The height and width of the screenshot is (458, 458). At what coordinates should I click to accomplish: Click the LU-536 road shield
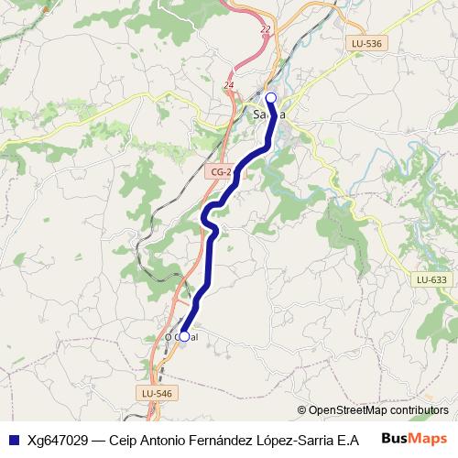[366, 43]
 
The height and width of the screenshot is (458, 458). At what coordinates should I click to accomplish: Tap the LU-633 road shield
[431, 279]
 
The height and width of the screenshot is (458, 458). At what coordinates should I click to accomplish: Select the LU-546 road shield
[156, 392]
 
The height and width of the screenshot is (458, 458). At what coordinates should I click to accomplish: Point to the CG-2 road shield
[221, 171]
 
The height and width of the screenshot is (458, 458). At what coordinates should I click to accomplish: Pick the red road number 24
[228, 85]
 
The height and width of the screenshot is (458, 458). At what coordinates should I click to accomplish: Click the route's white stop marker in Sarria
[270, 97]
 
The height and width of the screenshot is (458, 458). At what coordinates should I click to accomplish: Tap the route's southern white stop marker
[184, 336]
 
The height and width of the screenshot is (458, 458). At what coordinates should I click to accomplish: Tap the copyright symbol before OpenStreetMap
[301, 410]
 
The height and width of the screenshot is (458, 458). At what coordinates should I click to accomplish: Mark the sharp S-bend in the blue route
[210, 220]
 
